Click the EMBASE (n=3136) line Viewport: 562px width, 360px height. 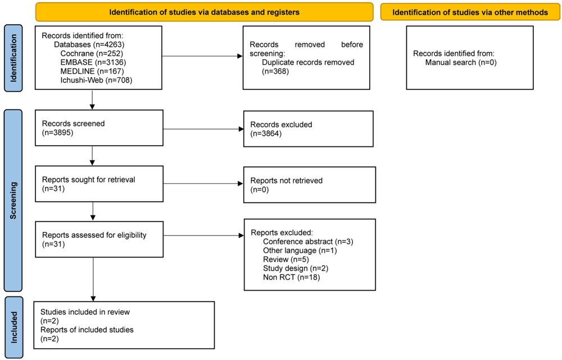[x=93, y=62]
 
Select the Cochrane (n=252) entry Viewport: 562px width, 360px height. [x=92, y=53]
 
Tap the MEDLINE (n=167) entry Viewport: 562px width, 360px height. [x=92, y=71]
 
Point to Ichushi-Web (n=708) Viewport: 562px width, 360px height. [x=97, y=80]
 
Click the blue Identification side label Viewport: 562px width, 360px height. [x=13, y=58]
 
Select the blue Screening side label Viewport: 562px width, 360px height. [x=13, y=200]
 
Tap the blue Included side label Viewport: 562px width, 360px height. [x=14, y=327]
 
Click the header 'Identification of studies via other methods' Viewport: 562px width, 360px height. [x=470, y=12]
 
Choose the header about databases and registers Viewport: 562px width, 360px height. [x=205, y=12]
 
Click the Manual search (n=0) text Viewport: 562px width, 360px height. [x=461, y=62]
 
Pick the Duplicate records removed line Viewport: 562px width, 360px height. [x=308, y=62]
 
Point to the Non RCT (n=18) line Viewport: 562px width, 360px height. [x=291, y=277]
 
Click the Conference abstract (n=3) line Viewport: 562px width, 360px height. [x=308, y=242]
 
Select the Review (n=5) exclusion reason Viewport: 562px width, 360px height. [x=286, y=259]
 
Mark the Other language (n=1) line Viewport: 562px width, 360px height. [x=300, y=251]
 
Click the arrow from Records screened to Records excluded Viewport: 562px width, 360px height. [x=203, y=129]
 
